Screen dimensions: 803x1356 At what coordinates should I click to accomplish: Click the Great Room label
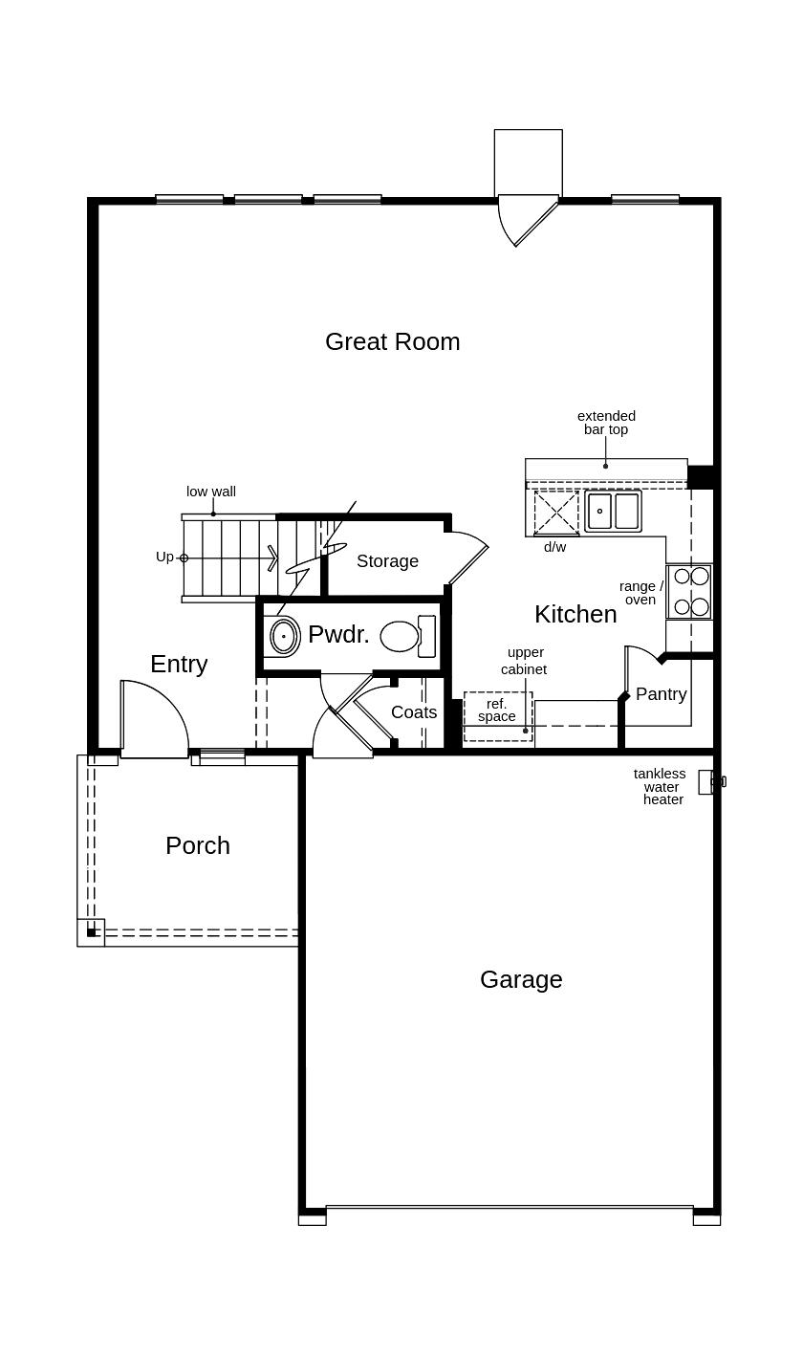392,342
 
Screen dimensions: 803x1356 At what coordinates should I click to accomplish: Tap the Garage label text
521,979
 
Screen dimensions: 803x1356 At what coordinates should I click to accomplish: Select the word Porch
198,845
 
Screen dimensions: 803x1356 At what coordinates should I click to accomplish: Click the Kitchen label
575,615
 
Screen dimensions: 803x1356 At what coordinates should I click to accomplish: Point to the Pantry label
661,694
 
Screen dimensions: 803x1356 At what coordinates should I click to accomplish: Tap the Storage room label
387,561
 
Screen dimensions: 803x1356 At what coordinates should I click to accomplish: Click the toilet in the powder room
408,636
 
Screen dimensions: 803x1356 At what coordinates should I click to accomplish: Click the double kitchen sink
613,512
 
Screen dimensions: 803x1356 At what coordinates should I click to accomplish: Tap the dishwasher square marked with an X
556,514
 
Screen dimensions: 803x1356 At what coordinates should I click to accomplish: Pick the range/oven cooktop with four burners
690,591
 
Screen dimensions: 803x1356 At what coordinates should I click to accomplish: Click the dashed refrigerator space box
498,717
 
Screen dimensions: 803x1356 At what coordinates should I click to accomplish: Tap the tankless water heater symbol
711,781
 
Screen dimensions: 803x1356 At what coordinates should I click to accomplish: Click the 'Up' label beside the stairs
164,557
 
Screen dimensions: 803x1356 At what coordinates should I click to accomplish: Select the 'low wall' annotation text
210,492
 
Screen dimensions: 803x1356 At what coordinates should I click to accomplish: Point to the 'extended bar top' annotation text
606,423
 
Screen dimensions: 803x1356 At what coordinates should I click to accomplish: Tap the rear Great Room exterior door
528,220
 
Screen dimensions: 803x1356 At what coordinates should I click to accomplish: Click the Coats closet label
414,712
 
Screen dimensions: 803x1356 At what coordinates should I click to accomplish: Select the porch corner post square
91,932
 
